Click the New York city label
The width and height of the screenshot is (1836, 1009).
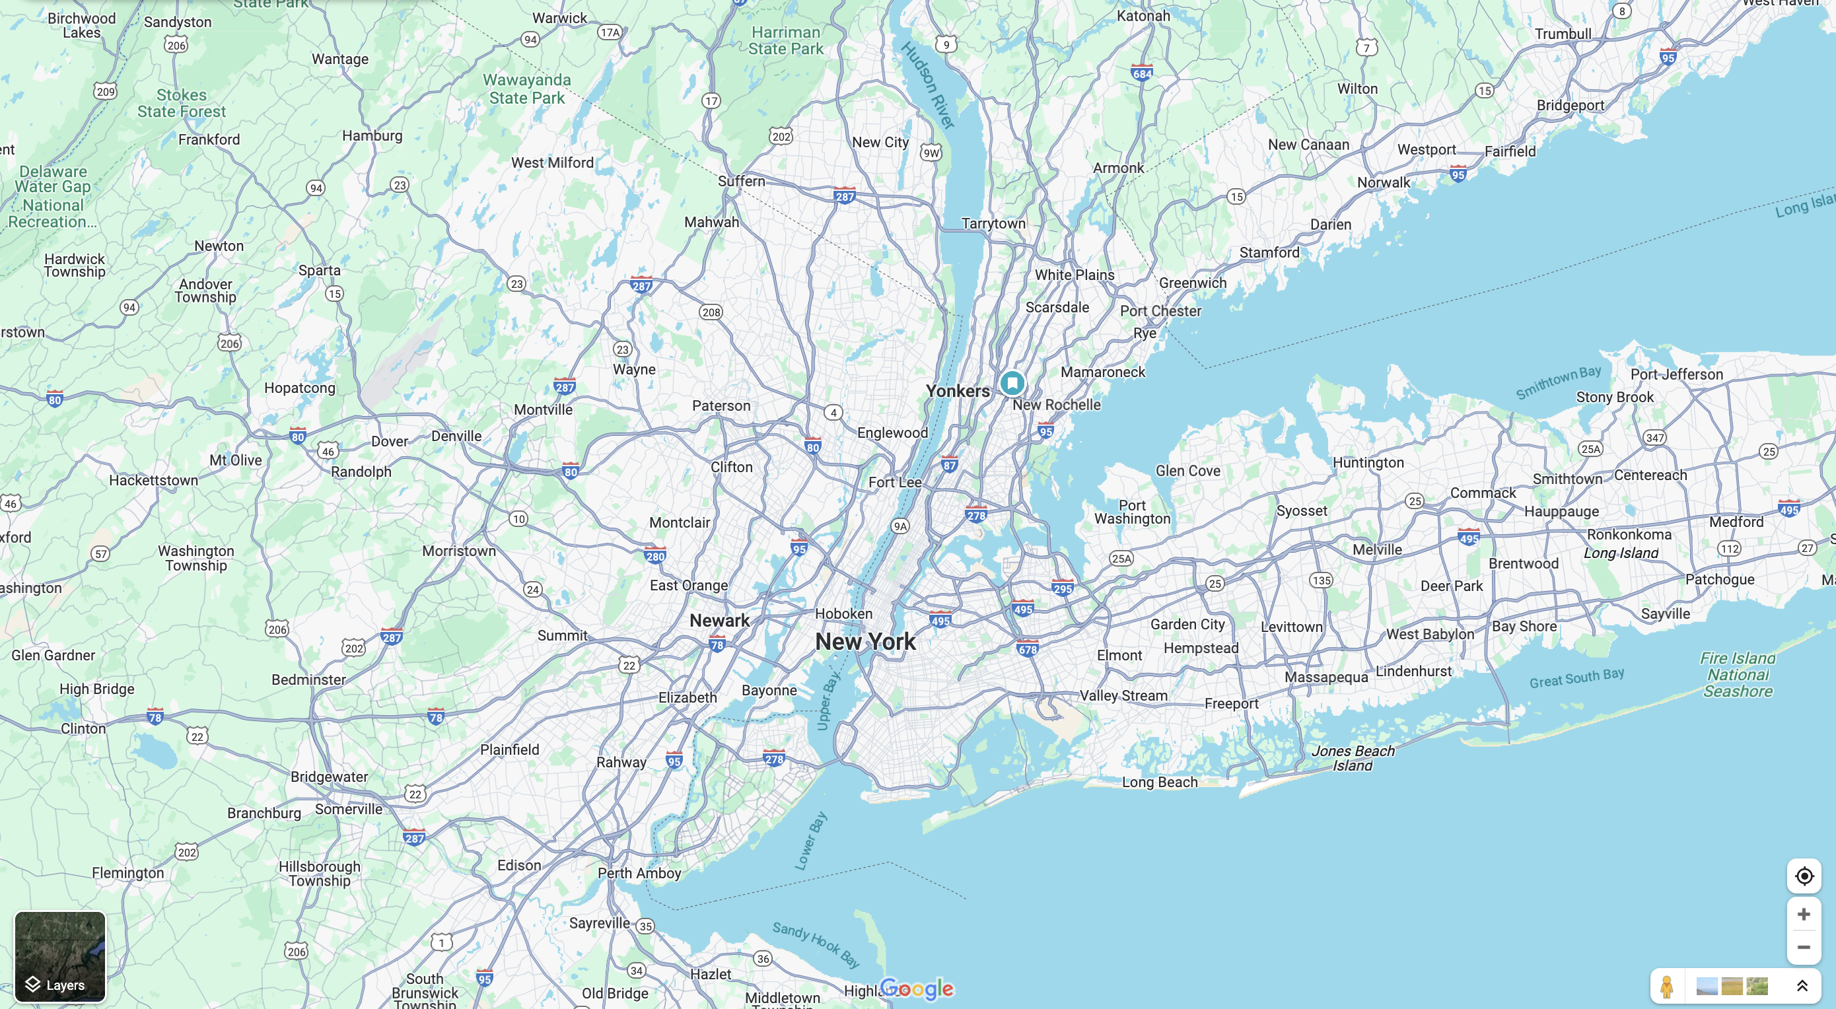pyautogui.click(x=865, y=641)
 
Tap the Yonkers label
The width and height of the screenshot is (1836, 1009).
pyautogui.click(x=957, y=391)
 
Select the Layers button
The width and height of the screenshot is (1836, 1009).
pyautogui.click(x=60, y=956)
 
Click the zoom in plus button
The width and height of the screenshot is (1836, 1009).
pyautogui.click(x=1803, y=914)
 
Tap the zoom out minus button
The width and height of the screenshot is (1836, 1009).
pyautogui.click(x=1803, y=947)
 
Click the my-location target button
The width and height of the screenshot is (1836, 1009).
pyautogui.click(x=1803, y=876)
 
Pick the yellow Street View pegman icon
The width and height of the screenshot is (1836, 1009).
pyautogui.click(x=1666, y=986)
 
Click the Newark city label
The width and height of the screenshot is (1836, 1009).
pyautogui.click(x=719, y=621)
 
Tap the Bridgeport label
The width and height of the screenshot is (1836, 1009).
pyautogui.click(x=1570, y=106)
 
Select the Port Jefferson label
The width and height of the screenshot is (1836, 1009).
pyautogui.click(x=1676, y=375)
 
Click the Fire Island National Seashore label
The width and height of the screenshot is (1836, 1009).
pyautogui.click(x=1738, y=674)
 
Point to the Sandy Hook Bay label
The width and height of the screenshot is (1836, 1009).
pyautogui.click(x=816, y=944)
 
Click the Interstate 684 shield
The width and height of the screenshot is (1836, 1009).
pyautogui.click(x=1142, y=73)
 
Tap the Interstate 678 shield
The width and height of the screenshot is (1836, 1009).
pyautogui.click(x=1028, y=649)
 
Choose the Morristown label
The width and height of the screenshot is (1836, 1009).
pyautogui.click(x=458, y=551)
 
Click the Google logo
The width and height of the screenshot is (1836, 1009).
pyautogui.click(x=917, y=989)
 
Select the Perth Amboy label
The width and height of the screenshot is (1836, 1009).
pyautogui.click(x=639, y=873)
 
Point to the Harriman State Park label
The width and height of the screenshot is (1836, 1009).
pyautogui.click(x=785, y=41)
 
